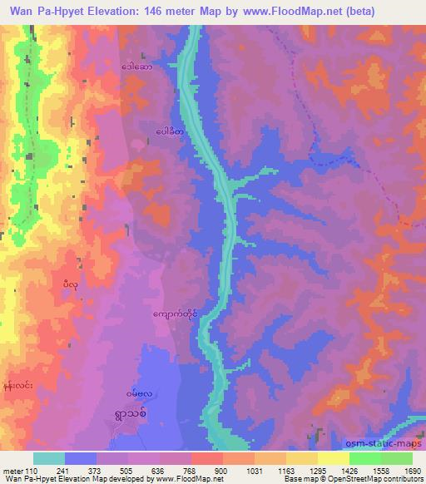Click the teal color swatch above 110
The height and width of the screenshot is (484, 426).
tap(49, 457)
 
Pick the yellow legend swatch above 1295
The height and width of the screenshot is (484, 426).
tap(302, 457)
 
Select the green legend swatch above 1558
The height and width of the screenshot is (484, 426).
tap(365, 457)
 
